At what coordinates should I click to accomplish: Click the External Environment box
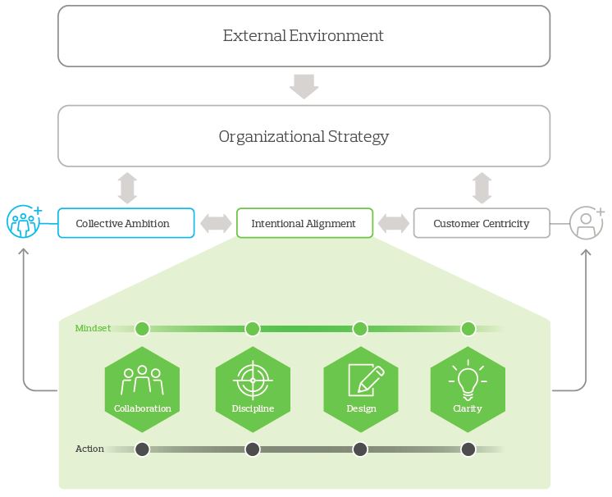pyautogui.click(x=304, y=36)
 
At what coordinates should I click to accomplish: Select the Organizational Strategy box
pyautogui.click(x=304, y=136)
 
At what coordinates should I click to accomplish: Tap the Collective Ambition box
pyautogui.click(x=126, y=223)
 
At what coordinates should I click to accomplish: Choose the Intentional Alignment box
pyautogui.click(x=304, y=223)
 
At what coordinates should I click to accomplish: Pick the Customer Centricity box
pyautogui.click(x=482, y=223)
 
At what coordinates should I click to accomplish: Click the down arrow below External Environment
pyautogui.click(x=304, y=86)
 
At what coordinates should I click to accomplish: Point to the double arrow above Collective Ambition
pyautogui.click(x=126, y=187)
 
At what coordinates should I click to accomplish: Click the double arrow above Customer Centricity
pyautogui.click(x=482, y=187)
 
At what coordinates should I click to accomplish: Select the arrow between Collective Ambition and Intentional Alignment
pyautogui.click(x=216, y=223)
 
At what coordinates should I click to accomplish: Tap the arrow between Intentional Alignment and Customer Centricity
pyautogui.click(x=394, y=223)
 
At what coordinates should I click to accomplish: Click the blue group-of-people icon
pyautogui.click(x=23, y=222)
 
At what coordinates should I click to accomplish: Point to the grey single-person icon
pyautogui.click(x=586, y=222)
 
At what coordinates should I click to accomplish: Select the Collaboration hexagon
pyautogui.click(x=143, y=384)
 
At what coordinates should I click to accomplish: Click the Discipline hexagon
pyautogui.click(x=253, y=384)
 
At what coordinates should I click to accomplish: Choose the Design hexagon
pyautogui.click(x=361, y=384)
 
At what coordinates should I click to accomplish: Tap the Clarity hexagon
pyautogui.click(x=468, y=384)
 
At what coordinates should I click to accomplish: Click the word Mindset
pyautogui.click(x=92, y=329)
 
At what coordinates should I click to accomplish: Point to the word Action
pyautogui.click(x=89, y=449)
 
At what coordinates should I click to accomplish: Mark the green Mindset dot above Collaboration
pyautogui.click(x=143, y=329)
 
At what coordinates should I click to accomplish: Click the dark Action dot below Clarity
pyautogui.click(x=468, y=449)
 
